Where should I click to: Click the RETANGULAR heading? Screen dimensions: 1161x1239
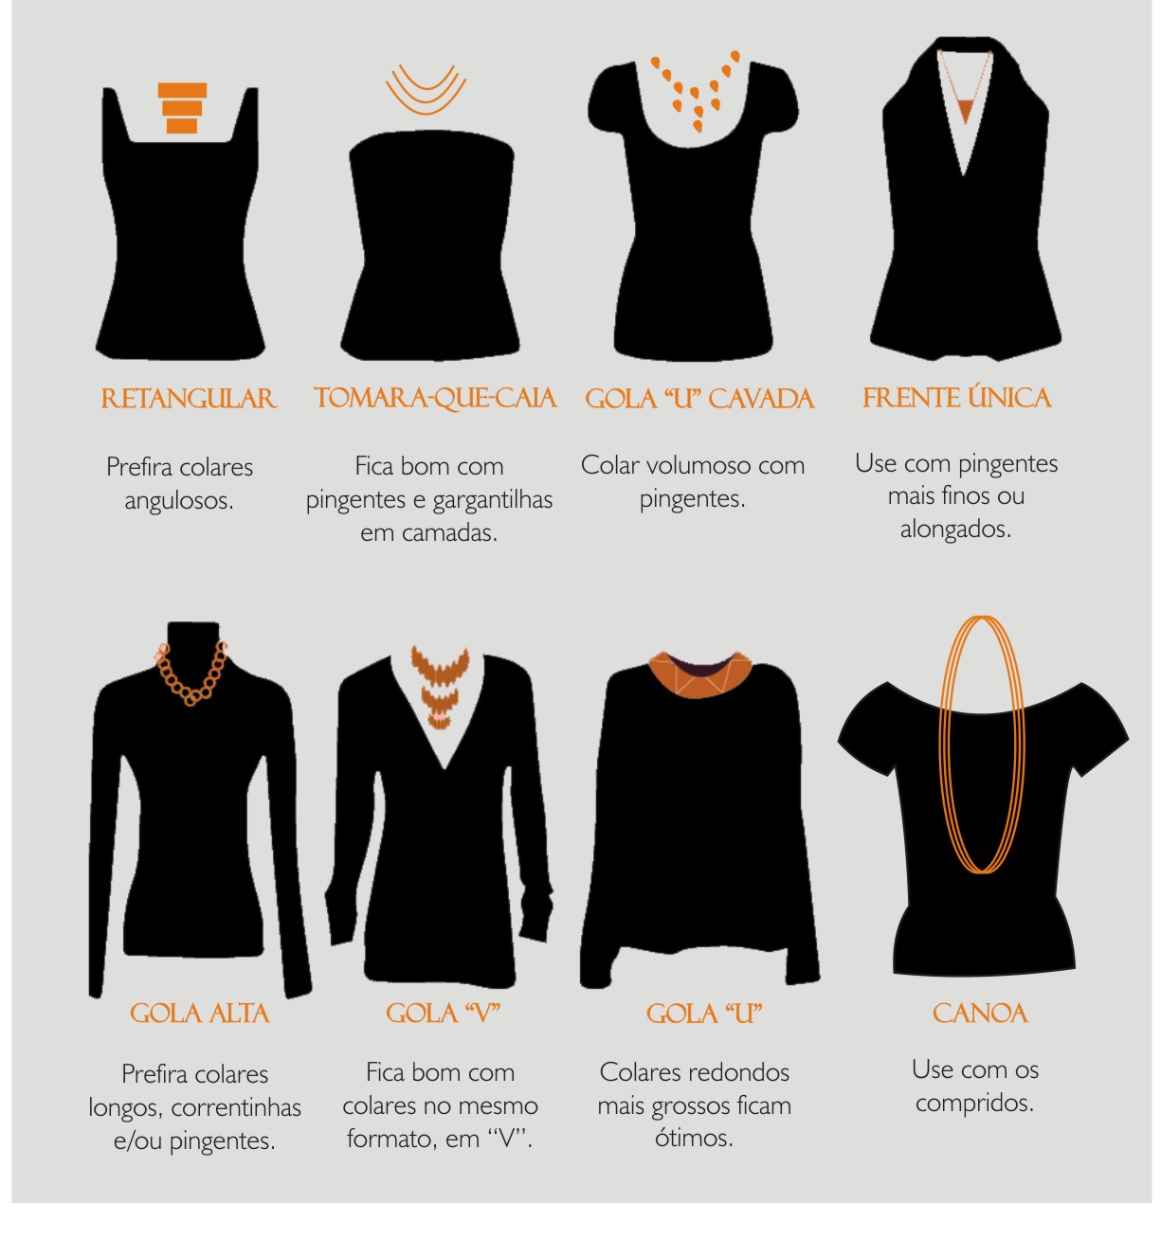pyautogui.click(x=188, y=398)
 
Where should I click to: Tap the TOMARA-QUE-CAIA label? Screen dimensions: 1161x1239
pyautogui.click(x=434, y=399)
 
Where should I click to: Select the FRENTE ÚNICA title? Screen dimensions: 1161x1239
pyautogui.click(x=956, y=397)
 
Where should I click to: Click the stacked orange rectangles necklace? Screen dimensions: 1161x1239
pyautogui.click(x=182, y=108)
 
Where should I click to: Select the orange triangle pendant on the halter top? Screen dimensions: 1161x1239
pyautogui.click(x=965, y=110)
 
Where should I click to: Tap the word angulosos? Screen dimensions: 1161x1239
pyautogui.click(x=178, y=501)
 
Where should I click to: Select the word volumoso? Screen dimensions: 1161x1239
pyautogui.click(x=698, y=465)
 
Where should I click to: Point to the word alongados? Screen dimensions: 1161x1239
pyautogui.click(x=955, y=530)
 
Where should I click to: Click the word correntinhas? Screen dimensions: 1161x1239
pyautogui.click(x=235, y=1108)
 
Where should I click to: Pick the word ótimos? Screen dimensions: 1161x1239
pyautogui.click(x=694, y=1139)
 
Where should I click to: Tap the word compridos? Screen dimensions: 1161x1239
pyautogui.click(x=974, y=1104)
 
